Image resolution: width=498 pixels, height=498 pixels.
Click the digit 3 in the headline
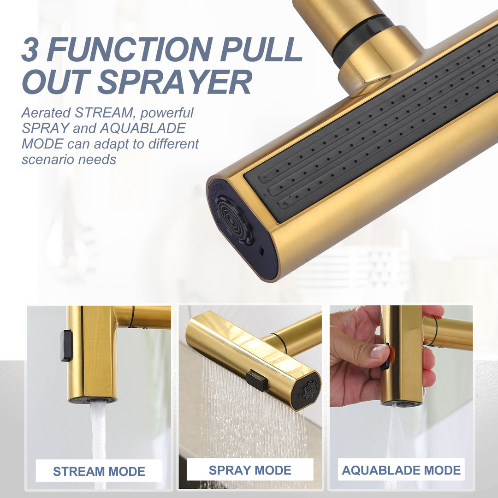click(x=30, y=49)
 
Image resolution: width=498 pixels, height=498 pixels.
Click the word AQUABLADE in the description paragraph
click(x=142, y=128)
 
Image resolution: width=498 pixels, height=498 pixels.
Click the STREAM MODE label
click(x=99, y=471)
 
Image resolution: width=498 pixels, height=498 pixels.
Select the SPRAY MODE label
click(x=250, y=470)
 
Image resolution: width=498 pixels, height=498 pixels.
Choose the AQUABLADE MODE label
click(x=401, y=470)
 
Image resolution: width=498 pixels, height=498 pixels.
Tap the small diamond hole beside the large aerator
click(x=261, y=252)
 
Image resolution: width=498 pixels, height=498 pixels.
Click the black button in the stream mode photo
click(x=66, y=345)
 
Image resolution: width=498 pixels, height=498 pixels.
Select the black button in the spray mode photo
click(x=257, y=380)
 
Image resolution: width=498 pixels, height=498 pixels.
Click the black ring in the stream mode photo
click(x=131, y=317)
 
